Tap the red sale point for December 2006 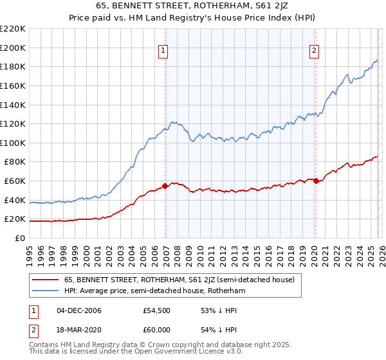[165, 186]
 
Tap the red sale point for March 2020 [316, 181]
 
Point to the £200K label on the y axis [13, 48]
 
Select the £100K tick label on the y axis [13, 143]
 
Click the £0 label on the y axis [20, 238]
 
